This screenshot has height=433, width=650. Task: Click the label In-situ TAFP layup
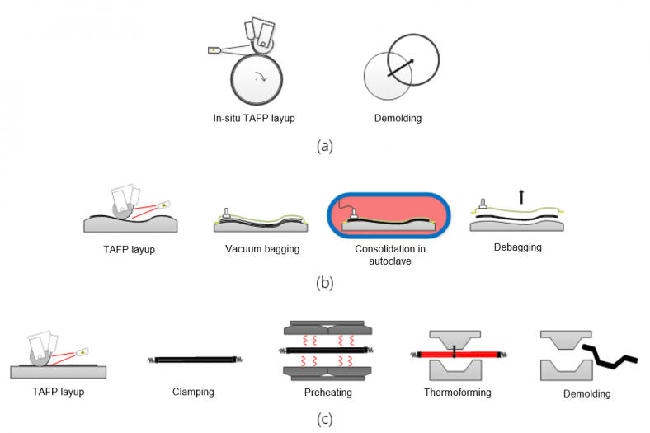253,118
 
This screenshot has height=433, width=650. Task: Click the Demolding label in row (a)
398,118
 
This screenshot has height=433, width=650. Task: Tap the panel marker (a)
325,146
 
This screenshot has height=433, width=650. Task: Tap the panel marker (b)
325,283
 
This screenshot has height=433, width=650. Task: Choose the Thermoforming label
458,392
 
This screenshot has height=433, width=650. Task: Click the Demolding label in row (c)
587,393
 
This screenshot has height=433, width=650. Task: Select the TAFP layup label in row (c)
58,392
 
